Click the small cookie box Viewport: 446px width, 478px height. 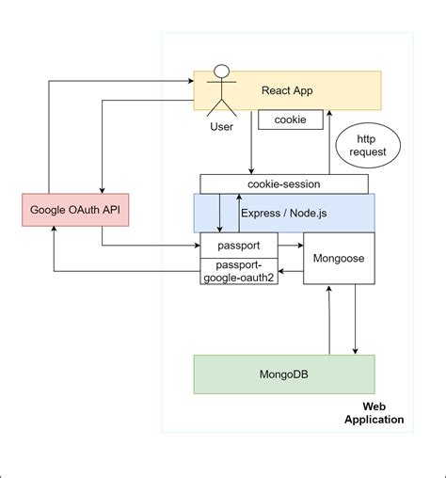click(291, 120)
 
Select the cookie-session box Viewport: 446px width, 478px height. click(284, 183)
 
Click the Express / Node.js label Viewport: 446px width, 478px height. click(282, 213)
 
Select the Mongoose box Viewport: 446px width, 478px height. click(338, 257)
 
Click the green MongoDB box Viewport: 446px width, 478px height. click(283, 374)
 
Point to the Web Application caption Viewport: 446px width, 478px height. click(374, 412)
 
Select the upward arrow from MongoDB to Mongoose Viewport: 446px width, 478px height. click(327, 320)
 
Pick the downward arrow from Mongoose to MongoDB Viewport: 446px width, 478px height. click(356, 320)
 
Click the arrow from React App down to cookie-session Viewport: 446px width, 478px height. click(251, 141)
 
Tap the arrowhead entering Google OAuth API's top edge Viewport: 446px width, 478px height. click(101, 189)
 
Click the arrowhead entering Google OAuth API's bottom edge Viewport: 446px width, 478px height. click(54, 231)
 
